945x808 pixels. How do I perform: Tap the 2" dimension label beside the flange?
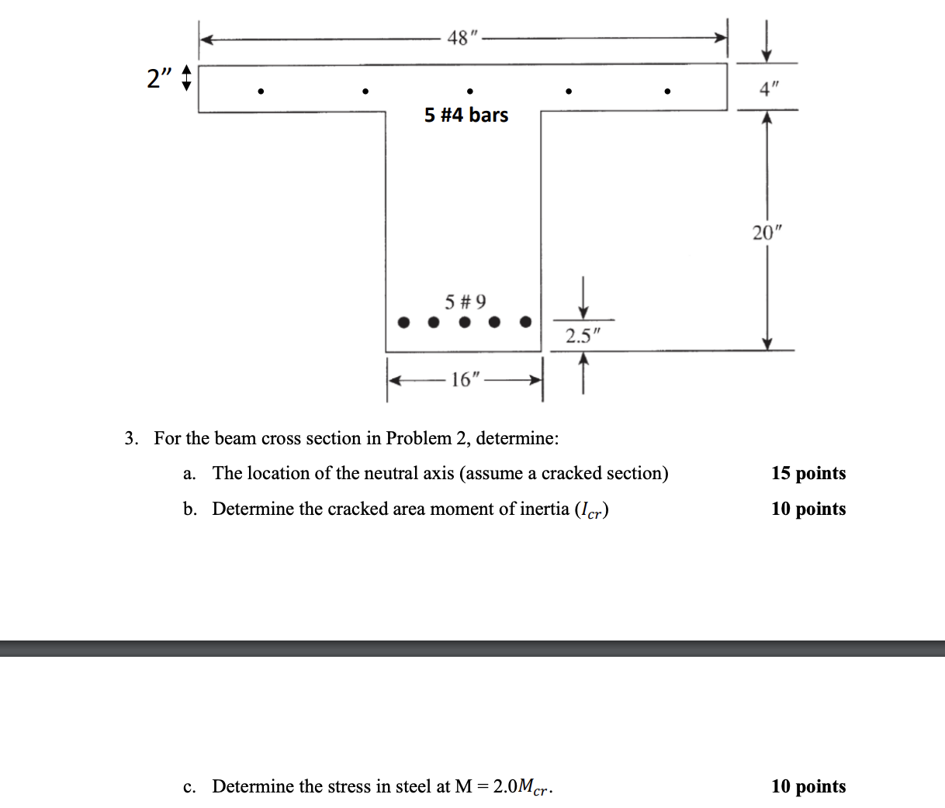coord(159,78)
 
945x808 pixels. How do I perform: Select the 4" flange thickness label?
coord(769,89)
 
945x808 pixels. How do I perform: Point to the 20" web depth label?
coord(767,232)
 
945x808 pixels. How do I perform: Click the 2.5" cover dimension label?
coord(583,336)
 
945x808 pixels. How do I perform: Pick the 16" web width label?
coord(466,380)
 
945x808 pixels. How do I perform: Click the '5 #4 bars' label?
coord(466,116)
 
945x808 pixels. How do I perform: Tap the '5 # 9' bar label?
coord(466,301)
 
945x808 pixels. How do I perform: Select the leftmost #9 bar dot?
coord(403,322)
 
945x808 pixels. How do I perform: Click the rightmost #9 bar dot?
coord(526,321)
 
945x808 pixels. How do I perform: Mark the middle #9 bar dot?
coord(465,322)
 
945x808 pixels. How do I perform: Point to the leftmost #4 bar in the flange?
coord(261,92)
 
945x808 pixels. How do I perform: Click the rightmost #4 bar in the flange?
coord(667,92)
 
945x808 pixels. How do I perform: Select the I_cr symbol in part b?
coord(592,510)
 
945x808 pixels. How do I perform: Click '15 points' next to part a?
coord(808,473)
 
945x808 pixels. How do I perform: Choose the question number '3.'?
coord(132,439)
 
